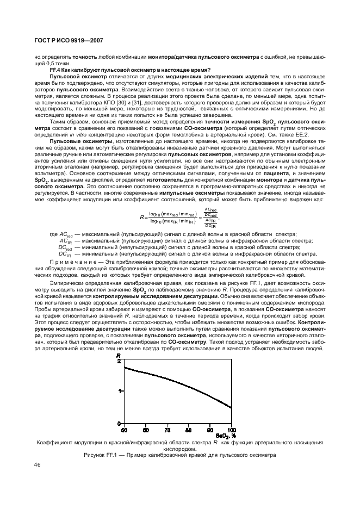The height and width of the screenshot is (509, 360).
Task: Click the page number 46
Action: pyautogui.click(x=38, y=465)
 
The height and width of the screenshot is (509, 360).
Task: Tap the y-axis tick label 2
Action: pyautogui.click(x=119, y=361)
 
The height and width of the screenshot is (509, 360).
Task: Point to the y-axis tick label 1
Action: pyautogui.click(x=119, y=392)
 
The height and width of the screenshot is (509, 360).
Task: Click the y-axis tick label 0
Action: pyautogui.click(x=119, y=423)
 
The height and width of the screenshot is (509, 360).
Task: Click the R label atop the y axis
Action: pyautogui.click(x=119, y=355)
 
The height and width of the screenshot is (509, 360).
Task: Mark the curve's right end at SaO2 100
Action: pyautogui.click(x=232, y=407)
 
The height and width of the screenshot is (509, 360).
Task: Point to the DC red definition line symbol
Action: pyautogui.click(x=65, y=247)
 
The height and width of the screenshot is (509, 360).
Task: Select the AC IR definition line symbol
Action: pyautogui.click(x=65, y=240)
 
